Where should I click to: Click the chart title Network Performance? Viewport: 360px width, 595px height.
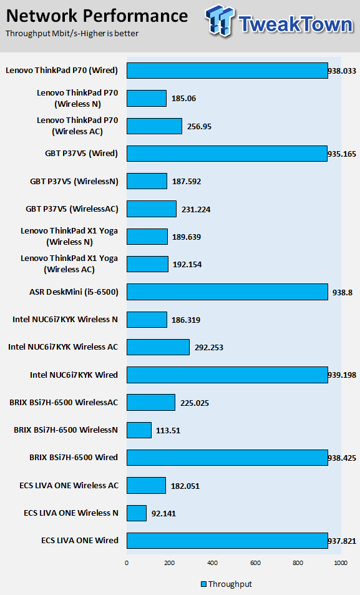pyautogui.click(x=97, y=16)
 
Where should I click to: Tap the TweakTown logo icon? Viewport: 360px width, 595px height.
pyautogui.click(x=220, y=21)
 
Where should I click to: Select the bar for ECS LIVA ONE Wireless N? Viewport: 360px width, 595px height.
pyautogui.click(x=137, y=513)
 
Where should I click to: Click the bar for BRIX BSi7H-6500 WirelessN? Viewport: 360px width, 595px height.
pyautogui.click(x=139, y=430)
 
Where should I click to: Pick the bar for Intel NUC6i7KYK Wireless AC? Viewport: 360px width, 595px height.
pyautogui.click(x=158, y=347)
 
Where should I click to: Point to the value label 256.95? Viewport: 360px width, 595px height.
pyautogui.click(x=199, y=126)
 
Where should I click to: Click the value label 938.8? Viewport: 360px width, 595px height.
pyautogui.click(x=343, y=293)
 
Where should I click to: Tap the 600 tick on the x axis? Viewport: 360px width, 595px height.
pyautogui.click(x=256, y=563)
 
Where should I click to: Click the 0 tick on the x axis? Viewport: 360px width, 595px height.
pyautogui.click(x=127, y=563)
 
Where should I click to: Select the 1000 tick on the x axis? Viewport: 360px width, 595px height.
pyautogui.click(x=341, y=563)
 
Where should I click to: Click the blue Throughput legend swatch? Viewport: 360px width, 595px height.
pyautogui.click(x=203, y=584)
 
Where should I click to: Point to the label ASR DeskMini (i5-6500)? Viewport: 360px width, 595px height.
pyautogui.click(x=74, y=292)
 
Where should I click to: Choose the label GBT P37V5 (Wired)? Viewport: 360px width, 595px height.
pyautogui.click(x=82, y=154)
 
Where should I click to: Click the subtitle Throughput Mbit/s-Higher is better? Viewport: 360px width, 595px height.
pyautogui.click(x=72, y=33)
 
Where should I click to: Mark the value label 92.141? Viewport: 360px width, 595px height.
pyautogui.click(x=163, y=514)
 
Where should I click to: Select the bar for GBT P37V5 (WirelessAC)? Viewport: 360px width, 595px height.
pyautogui.click(x=152, y=209)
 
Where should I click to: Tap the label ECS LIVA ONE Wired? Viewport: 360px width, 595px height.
pyautogui.click(x=80, y=540)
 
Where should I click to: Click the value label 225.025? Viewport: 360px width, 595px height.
pyautogui.click(x=195, y=403)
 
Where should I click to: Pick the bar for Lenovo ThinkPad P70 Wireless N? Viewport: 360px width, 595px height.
pyautogui.click(x=147, y=98)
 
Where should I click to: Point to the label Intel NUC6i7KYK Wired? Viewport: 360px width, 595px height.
pyautogui.click(x=74, y=375)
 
